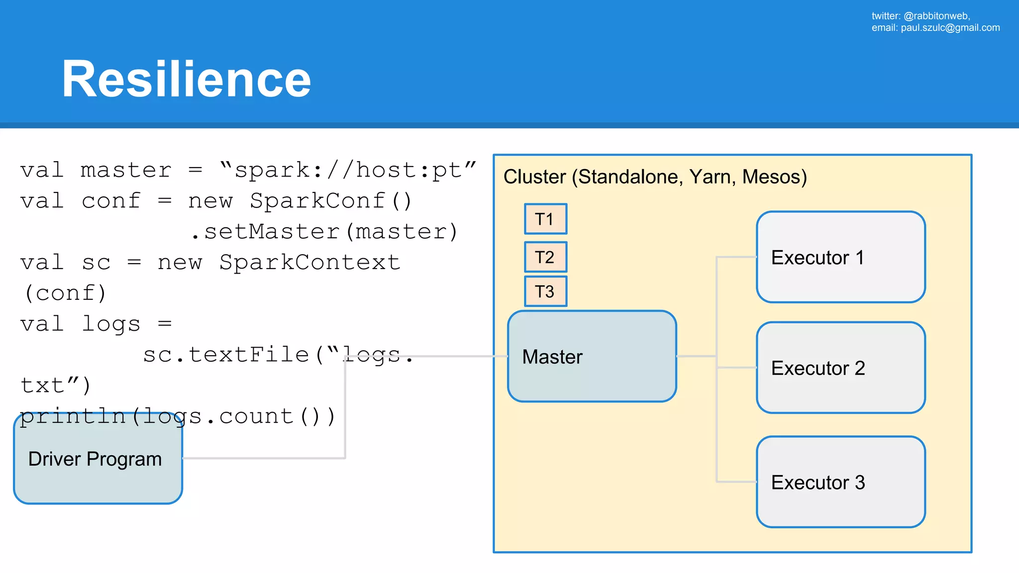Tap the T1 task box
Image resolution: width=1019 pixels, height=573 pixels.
545,219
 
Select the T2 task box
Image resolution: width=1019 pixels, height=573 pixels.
545,257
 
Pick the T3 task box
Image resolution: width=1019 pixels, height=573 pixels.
545,291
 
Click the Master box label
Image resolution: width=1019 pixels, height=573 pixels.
552,357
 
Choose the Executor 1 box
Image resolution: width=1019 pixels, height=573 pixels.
840,257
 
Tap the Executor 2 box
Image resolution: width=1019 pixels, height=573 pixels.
840,368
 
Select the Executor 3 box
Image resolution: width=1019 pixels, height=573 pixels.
840,482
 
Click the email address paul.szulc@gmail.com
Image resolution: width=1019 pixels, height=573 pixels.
950,28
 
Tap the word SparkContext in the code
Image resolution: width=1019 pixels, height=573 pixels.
309,263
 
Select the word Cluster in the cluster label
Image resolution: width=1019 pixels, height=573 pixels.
535,177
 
